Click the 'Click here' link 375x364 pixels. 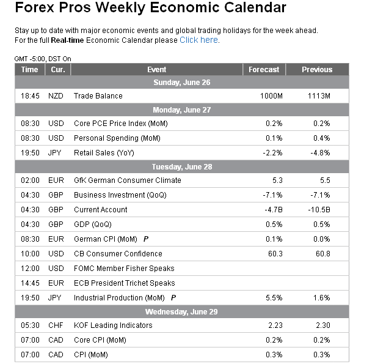[x=198, y=40]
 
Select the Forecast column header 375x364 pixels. [x=264, y=70]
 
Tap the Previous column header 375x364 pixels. [x=317, y=70]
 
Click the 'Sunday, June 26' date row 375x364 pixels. [x=181, y=83]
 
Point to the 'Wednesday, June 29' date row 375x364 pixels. [x=181, y=312]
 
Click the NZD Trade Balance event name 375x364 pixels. [x=98, y=96]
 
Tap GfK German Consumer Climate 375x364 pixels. [x=127, y=180]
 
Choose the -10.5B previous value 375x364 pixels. [x=319, y=210]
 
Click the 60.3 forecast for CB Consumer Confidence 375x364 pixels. [x=273, y=254]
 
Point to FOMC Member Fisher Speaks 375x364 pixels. [x=124, y=269]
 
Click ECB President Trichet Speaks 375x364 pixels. [x=124, y=283]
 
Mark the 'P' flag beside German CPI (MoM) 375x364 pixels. [x=145, y=239]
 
